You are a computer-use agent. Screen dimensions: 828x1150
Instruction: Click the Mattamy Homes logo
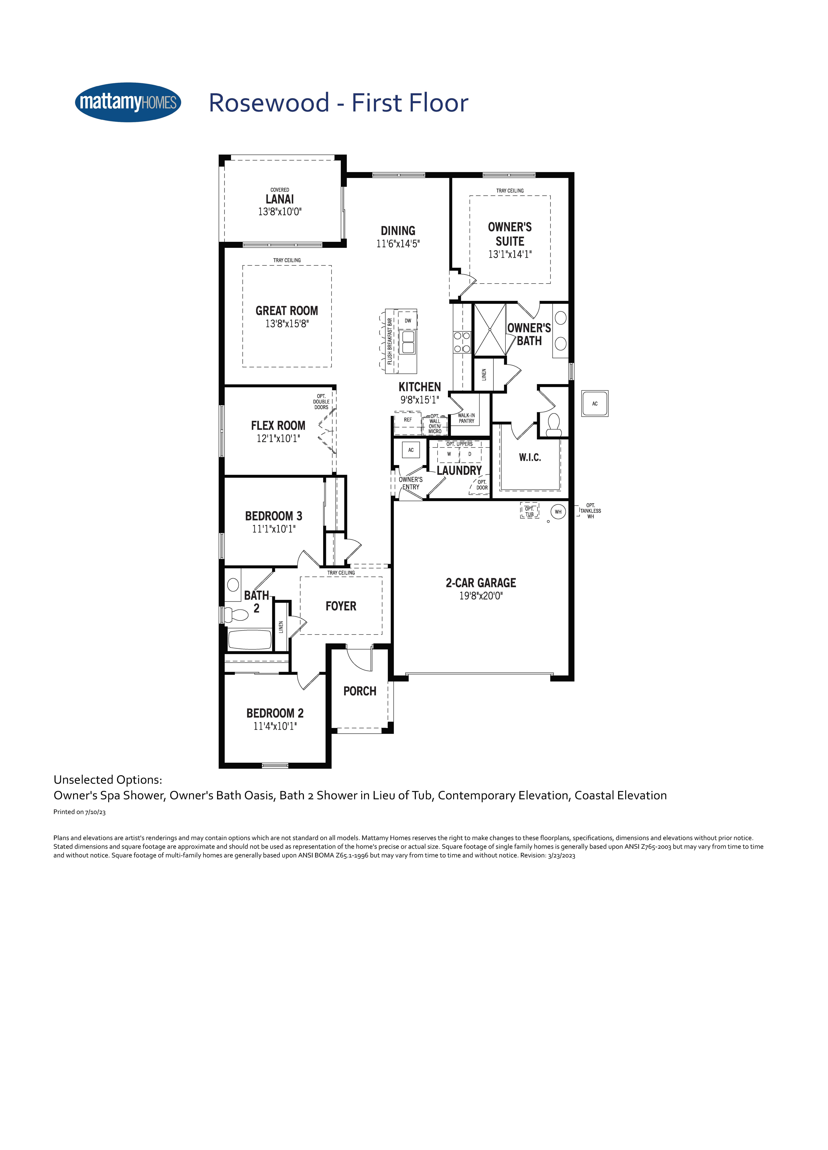(x=128, y=102)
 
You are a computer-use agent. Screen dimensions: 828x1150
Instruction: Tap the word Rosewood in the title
(x=269, y=103)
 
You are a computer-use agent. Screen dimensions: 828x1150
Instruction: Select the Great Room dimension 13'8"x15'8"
(x=287, y=323)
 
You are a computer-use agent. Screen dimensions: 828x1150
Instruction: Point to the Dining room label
(x=398, y=231)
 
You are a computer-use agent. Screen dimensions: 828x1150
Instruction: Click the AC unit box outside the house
(x=595, y=404)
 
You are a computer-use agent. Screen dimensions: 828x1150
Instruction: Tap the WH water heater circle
(x=558, y=512)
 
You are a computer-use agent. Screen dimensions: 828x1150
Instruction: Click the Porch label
(x=360, y=691)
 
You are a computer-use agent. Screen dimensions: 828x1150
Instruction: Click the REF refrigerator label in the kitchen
(x=408, y=420)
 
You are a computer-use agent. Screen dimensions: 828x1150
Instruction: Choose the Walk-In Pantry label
(x=466, y=418)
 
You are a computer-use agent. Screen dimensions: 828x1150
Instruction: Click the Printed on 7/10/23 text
(x=80, y=812)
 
